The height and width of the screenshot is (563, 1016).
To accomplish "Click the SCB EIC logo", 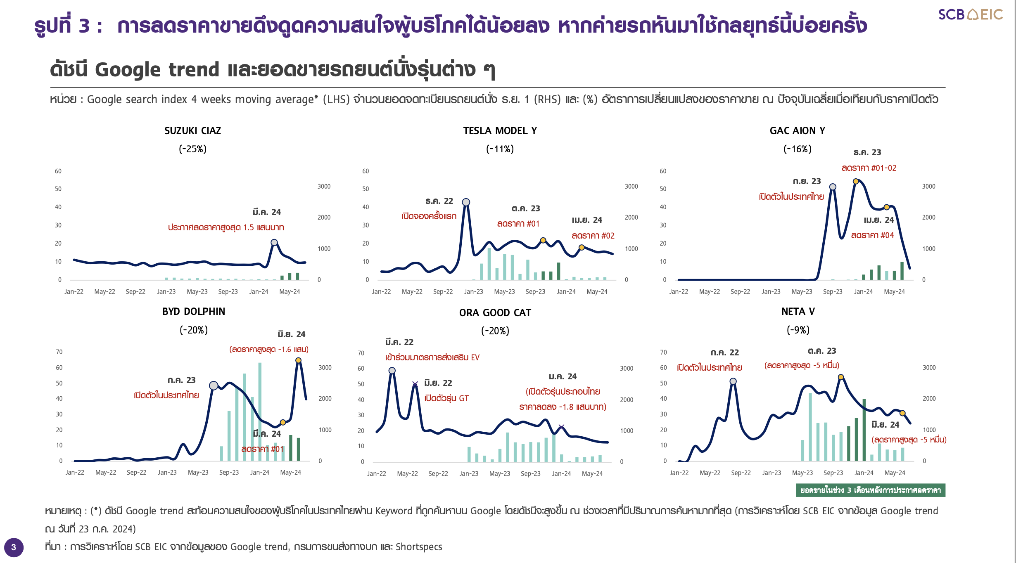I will tap(970, 14).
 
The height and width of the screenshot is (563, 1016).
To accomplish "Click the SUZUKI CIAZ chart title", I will tap(192, 131).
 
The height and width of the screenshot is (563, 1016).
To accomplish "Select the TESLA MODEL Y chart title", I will tap(500, 131).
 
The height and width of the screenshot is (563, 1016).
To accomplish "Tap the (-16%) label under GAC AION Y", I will tap(797, 149).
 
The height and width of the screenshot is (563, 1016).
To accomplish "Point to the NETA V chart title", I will tap(798, 312).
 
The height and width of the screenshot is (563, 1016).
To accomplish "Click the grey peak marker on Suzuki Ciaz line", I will tap(274, 243).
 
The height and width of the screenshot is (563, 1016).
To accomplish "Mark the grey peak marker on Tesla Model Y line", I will tap(466, 202).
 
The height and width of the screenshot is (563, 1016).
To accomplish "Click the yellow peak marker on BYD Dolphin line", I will tap(298, 360).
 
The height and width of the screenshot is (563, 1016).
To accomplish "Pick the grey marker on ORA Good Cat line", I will tap(392, 371).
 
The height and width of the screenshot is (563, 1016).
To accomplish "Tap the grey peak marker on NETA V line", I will tap(733, 381).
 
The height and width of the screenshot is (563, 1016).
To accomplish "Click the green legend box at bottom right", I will tap(870, 490).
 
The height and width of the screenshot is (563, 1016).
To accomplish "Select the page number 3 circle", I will tap(14, 547).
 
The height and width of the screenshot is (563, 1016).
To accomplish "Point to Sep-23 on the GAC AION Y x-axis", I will tap(833, 291).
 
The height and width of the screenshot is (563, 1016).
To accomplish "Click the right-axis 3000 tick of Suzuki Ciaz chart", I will tap(324, 187).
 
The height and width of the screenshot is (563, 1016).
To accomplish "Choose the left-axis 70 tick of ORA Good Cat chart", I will tap(361, 353).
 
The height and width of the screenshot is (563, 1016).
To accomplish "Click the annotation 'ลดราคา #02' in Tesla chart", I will tap(593, 236).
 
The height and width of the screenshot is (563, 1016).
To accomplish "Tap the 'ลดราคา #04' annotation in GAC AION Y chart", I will tap(872, 235).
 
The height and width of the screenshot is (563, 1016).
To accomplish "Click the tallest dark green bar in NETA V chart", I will tap(864, 429).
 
